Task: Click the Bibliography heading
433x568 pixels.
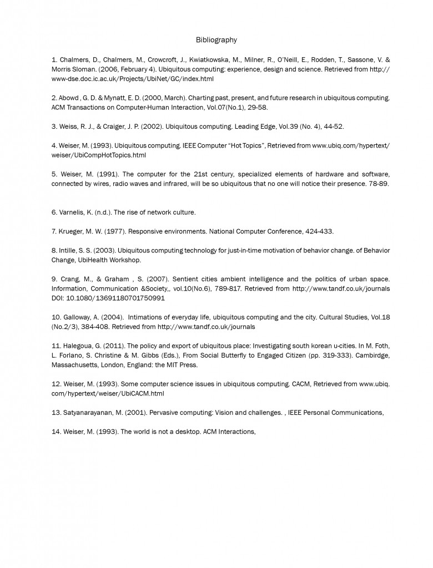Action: click(216, 40)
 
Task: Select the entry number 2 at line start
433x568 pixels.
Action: click(54, 97)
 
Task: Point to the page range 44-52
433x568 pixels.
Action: click(333, 126)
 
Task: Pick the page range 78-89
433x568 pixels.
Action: click(377, 184)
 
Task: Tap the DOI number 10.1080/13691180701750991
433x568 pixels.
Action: click(117, 298)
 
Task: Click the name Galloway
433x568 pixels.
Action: click(78, 317)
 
